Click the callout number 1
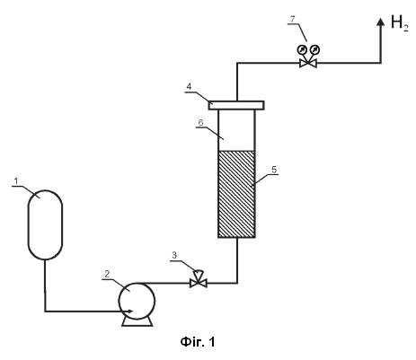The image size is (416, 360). tap(16, 180)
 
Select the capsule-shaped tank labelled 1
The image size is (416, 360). tap(45, 224)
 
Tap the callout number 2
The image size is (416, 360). tap(107, 274)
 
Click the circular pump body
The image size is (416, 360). tap(137, 301)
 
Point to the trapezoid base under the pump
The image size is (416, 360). tap(137, 322)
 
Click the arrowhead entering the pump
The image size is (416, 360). tap(129, 312)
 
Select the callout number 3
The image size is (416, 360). tap(174, 255)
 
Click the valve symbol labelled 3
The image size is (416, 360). tap(199, 280)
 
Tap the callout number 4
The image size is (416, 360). tap(189, 87)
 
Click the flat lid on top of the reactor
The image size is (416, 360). tap(236, 105)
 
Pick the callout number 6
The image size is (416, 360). tap(200, 122)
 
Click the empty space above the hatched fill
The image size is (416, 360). tap(236, 130)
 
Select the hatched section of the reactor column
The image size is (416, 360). tap(236, 194)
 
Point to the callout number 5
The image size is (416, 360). tap(274, 170)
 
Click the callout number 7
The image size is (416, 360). tap(292, 19)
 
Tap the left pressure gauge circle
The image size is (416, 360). tap(301, 49)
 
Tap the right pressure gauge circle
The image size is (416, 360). tap(315, 49)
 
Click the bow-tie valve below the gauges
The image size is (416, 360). tap(308, 63)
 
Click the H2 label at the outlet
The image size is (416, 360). tap(400, 23)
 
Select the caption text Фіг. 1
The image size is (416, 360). tap(198, 342)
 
